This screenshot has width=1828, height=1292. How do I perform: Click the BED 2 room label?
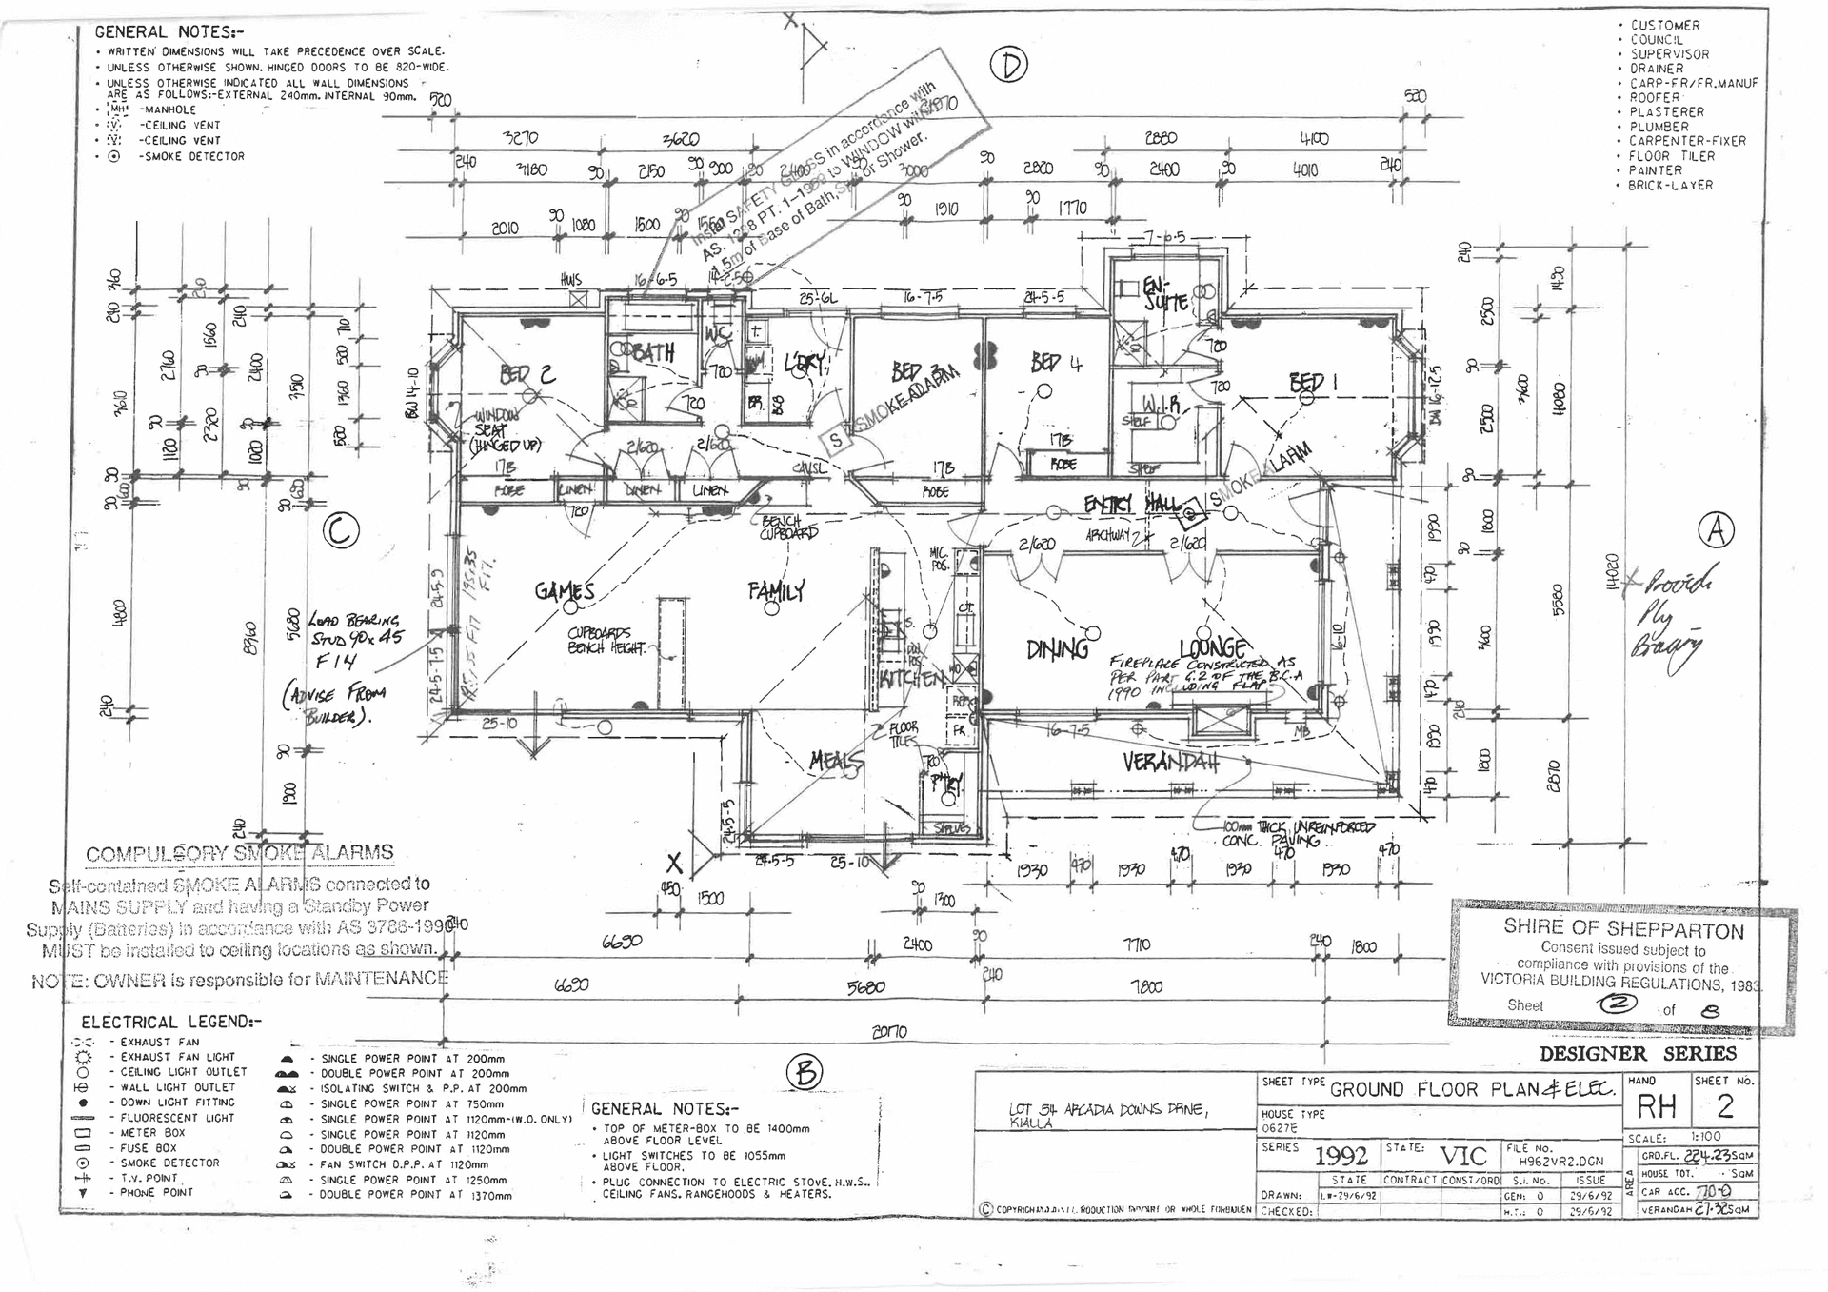[527, 374]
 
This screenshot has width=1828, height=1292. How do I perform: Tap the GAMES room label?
[565, 591]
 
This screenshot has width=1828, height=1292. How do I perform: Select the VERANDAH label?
[1170, 763]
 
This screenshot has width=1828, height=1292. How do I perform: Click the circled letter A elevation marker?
[1717, 530]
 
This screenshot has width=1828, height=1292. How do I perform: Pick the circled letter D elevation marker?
[1009, 65]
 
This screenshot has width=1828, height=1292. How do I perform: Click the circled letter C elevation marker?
[341, 530]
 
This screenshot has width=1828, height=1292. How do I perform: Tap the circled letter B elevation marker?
[805, 1073]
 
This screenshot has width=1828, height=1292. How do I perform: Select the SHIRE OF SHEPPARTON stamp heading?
[1623, 929]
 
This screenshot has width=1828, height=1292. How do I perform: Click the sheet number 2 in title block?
[1724, 1105]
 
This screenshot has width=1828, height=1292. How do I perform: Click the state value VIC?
[1462, 1156]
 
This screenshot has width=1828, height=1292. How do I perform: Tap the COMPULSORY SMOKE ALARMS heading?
[239, 853]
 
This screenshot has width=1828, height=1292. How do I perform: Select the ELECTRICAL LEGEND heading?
[170, 1023]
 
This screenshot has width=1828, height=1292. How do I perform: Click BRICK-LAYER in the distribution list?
[1670, 186]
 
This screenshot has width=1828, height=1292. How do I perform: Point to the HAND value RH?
[1657, 1106]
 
